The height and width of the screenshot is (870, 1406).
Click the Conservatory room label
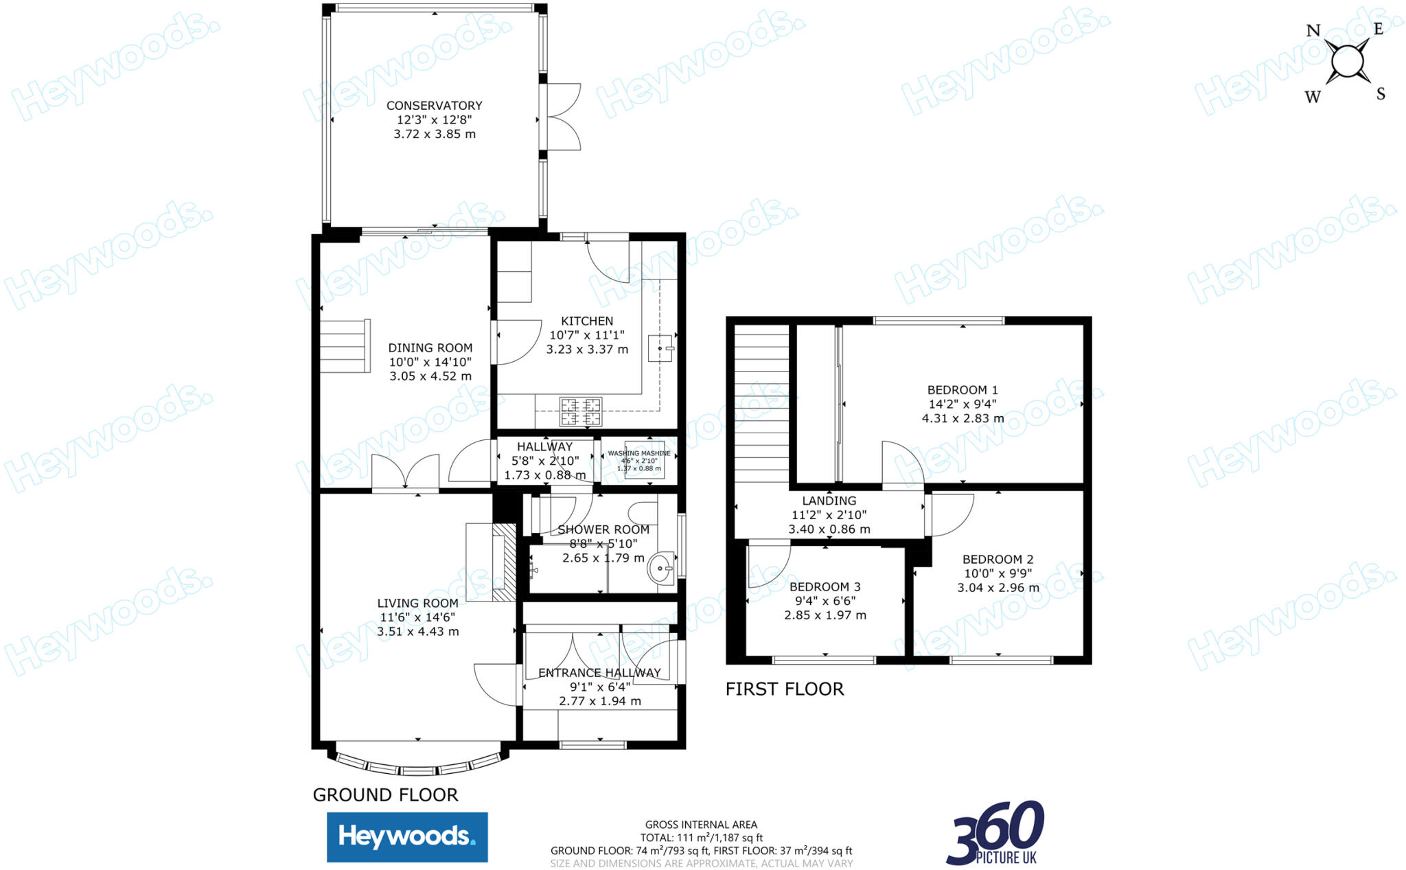[x=434, y=106]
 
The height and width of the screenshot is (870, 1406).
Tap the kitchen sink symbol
[x=660, y=348]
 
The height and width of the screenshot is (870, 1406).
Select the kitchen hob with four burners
[x=581, y=411]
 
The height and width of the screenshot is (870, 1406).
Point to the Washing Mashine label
[x=639, y=453]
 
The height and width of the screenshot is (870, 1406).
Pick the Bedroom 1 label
[x=963, y=390]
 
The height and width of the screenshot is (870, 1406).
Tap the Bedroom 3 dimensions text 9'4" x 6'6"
[x=825, y=601]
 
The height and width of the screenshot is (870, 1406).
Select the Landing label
[x=829, y=501]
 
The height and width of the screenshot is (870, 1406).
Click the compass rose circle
[x=1347, y=62]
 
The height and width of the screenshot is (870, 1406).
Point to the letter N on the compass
[x=1313, y=31]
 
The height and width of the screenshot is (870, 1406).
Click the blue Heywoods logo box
[x=407, y=837]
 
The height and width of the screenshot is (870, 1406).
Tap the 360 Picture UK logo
[x=995, y=833]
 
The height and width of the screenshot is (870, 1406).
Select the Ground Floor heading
[x=385, y=795]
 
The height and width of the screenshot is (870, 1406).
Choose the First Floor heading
[x=785, y=689]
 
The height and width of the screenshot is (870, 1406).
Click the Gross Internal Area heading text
[x=701, y=825]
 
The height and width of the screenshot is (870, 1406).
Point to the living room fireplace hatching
[x=505, y=563]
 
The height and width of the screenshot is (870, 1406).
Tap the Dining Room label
[x=430, y=348]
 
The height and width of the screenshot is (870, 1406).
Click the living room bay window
[x=418, y=766]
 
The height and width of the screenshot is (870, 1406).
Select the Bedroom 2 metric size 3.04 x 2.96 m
[x=998, y=588]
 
